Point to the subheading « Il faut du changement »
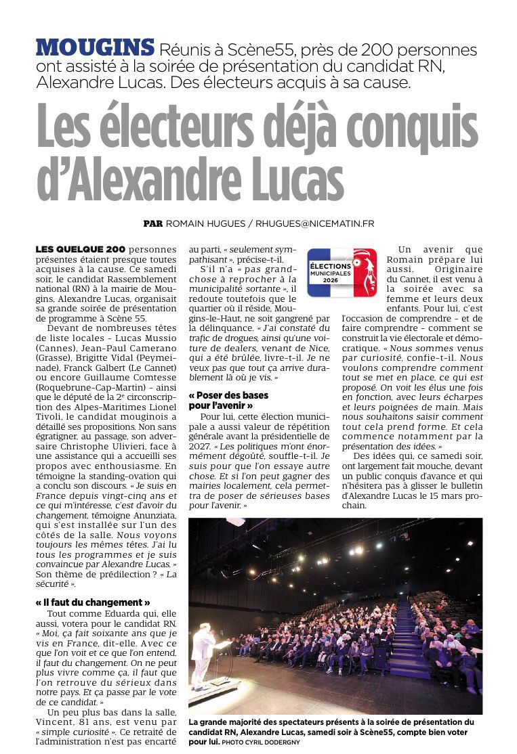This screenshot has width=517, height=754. pyautogui.click(x=92, y=602)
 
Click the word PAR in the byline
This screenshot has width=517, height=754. pyautogui.click(x=152, y=223)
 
